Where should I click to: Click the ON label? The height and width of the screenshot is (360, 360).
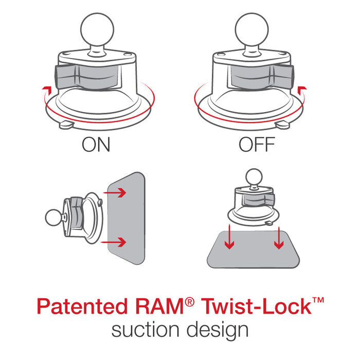coord(96,145)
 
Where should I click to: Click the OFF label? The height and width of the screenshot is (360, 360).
coord(257,145)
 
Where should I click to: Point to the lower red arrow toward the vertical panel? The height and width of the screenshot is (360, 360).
coord(116,241)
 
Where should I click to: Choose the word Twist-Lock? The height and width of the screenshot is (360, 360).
coord(257,308)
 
